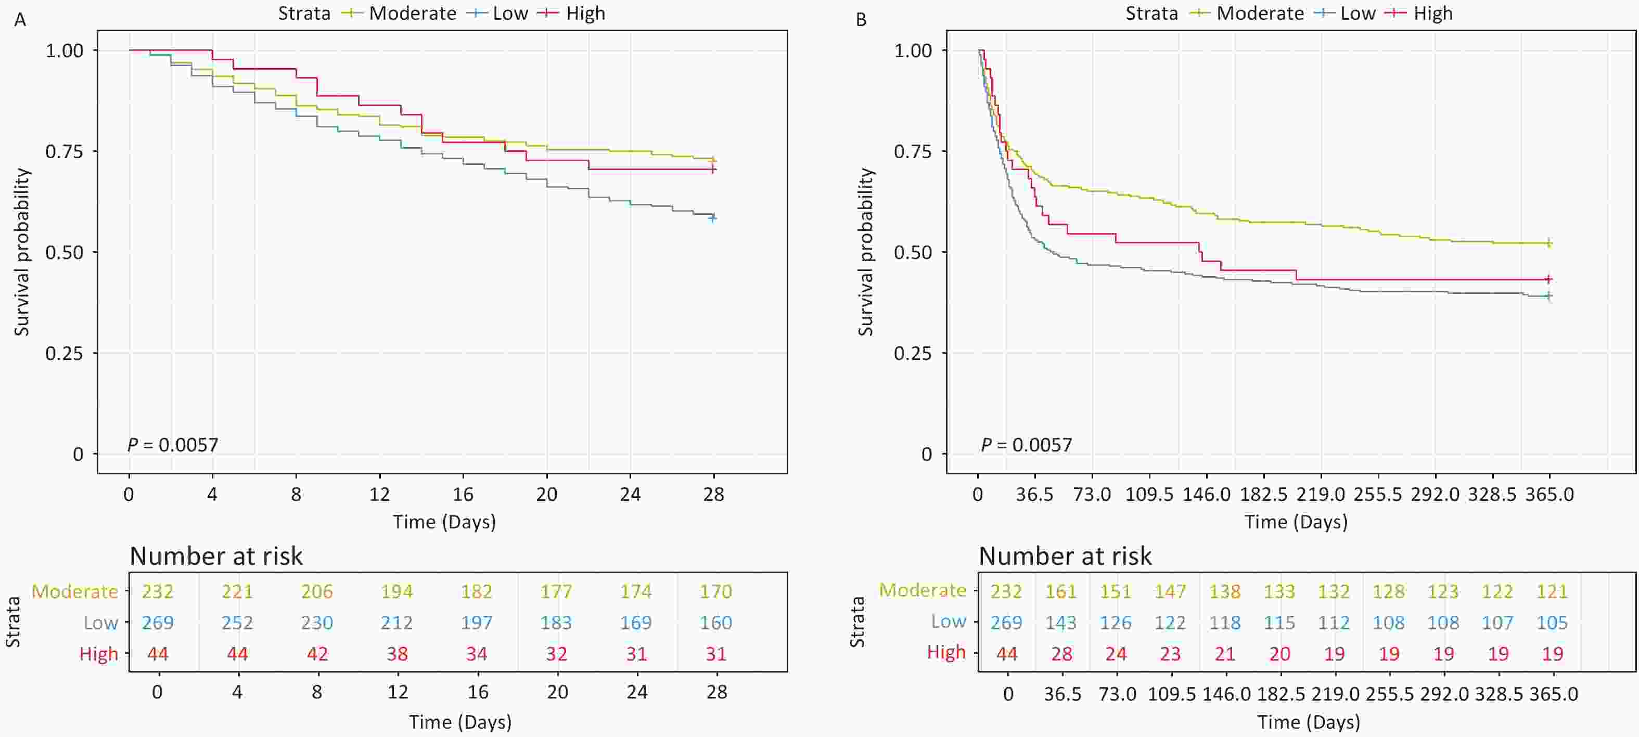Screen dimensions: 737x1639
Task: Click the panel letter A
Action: (x=20, y=20)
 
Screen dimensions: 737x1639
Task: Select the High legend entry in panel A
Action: (x=585, y=14)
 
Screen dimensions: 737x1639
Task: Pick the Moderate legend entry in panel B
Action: (x=1259, y=14)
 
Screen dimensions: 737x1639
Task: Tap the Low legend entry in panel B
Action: (x=1357, y=14)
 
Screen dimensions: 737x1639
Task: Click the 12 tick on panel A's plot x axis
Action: (x=379, y=494)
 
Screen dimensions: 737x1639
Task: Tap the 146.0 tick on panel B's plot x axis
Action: (x=1206, y=494)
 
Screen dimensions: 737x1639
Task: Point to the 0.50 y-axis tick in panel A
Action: (x=65, y=252)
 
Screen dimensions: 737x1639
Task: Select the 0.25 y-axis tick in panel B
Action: (x=913, y=354)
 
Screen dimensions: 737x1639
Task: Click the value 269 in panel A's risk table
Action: (x=157, y=623)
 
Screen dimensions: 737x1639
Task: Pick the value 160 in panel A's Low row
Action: (x=716, y=623)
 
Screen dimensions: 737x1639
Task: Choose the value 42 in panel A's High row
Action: (x=317, y=654)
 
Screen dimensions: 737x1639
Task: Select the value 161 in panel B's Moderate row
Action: (x=1060, y=591)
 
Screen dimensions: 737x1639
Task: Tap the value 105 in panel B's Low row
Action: (x=1552, y=623)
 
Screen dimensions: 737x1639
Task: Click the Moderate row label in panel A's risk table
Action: (x=75, y=591)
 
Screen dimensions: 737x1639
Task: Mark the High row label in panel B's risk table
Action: (x=946, y=652)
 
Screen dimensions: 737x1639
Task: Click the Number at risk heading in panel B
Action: (x=1065, y=557)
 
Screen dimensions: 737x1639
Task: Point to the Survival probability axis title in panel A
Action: (x=22, y=252)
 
